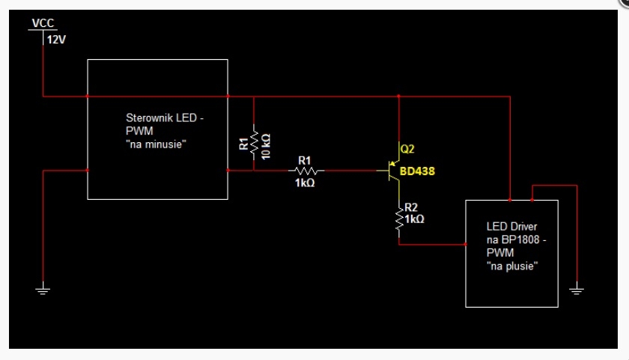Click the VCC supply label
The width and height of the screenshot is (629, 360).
point(43,23)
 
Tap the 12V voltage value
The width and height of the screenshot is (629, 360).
point(56,40)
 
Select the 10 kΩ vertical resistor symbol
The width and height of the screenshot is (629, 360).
point(254,142)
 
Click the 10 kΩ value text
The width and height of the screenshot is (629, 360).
point(266,147)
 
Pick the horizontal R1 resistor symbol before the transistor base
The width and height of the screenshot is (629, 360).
point(306,171)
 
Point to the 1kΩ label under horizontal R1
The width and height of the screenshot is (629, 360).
point(305,183)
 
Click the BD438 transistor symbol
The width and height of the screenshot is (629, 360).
point(391,171)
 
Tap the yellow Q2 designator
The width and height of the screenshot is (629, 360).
point(407,149)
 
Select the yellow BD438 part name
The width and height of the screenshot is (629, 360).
point(417,171)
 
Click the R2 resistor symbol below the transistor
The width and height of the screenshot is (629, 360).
point(399,219)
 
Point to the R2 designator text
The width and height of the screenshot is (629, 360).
point(411,207)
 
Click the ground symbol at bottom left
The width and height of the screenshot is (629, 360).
point(43,289)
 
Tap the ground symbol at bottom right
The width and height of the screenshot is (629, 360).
point(577,289)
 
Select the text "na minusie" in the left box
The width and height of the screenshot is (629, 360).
point(156,144)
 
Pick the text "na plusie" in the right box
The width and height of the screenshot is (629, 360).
point(512,266)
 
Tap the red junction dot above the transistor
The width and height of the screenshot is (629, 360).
point(398,97)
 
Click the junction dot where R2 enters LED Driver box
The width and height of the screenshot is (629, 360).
point(466,244)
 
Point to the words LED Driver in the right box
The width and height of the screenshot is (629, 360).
point(512,227)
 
